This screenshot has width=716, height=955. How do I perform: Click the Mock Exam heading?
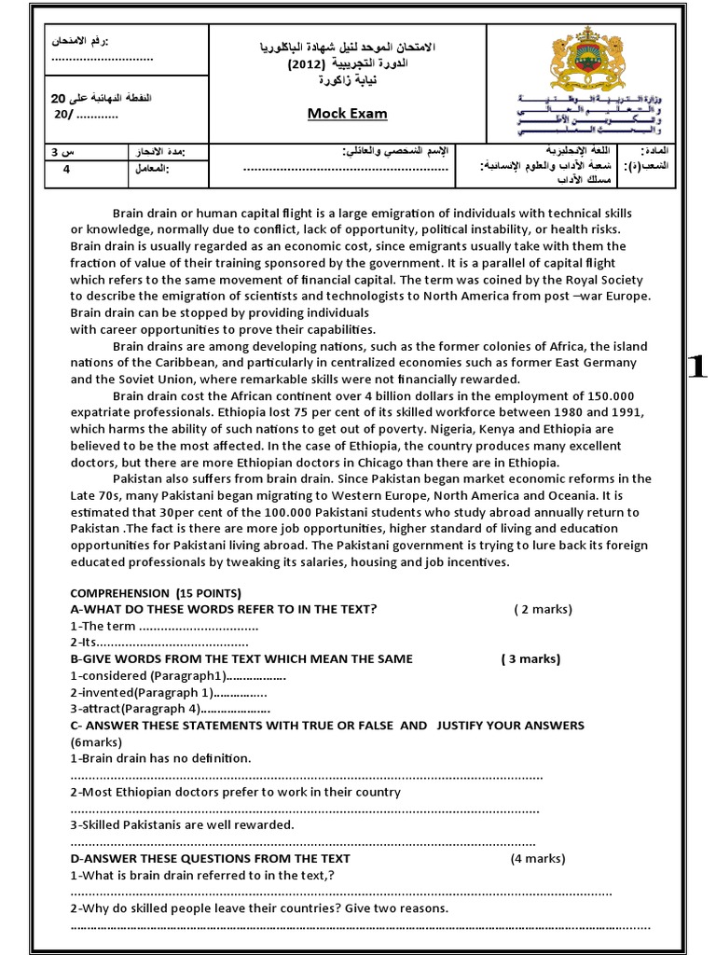(x=348, y=114)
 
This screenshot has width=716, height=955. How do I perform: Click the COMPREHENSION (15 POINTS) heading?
(x=156, y=593)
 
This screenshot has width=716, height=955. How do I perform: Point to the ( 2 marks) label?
(x=543, y=609)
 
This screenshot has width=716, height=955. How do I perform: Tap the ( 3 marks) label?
(x=530, y=658)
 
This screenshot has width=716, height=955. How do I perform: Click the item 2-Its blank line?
(x=158, y=643)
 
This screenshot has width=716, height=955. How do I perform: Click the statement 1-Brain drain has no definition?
(x=160, y=758)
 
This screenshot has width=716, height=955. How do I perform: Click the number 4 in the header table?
(x=66, y=169)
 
